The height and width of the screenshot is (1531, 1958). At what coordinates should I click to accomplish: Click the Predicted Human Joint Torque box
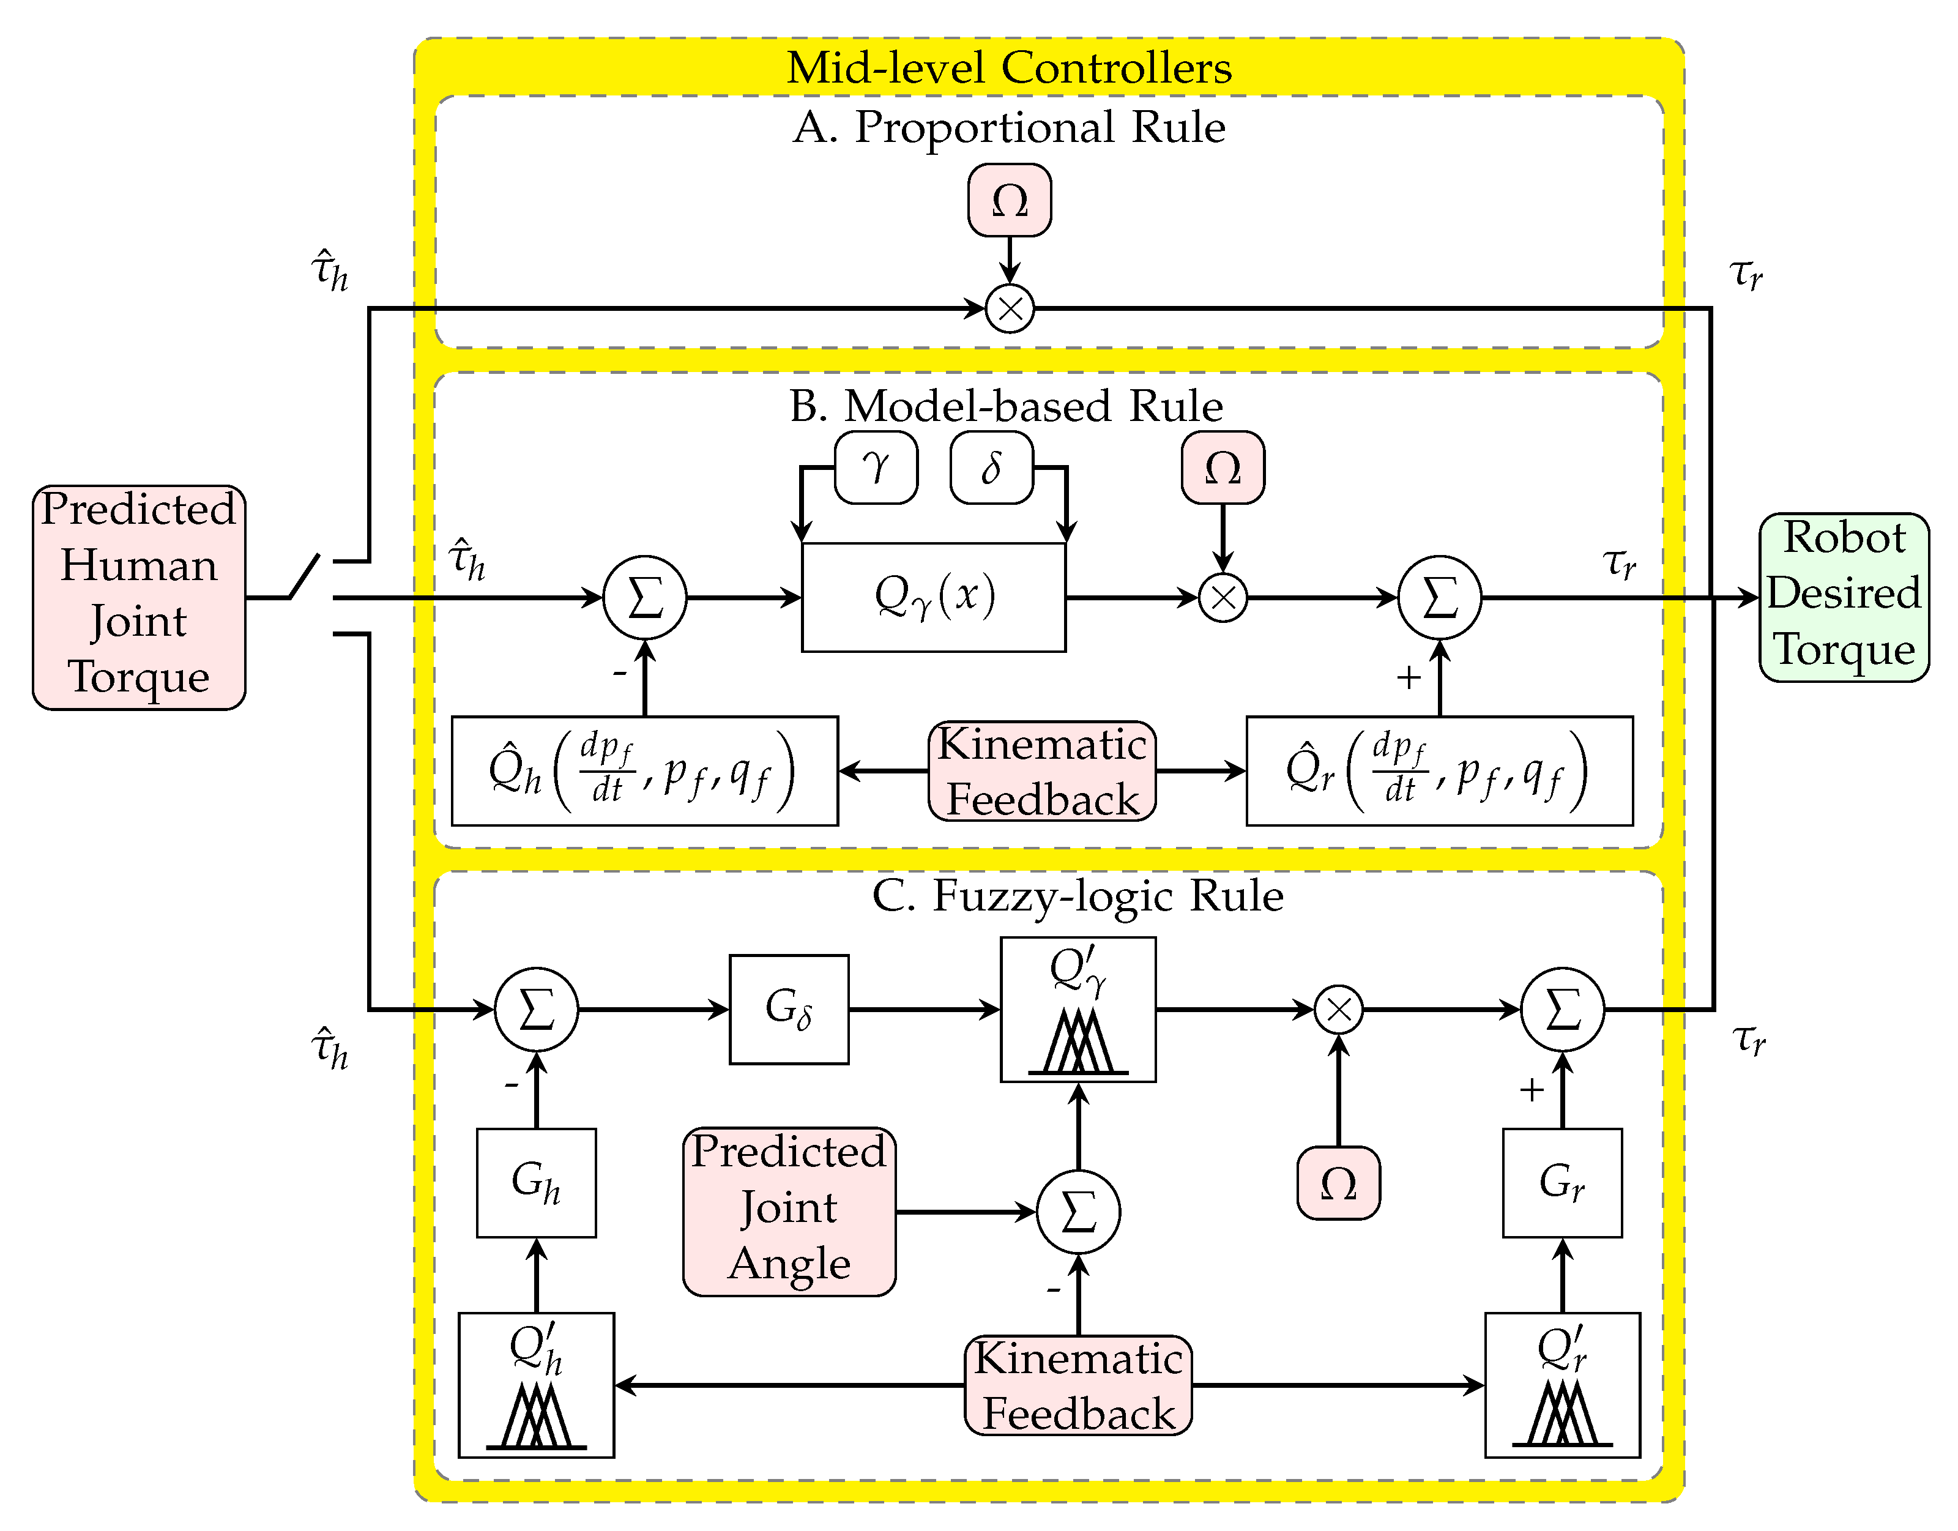(x=139, y=597)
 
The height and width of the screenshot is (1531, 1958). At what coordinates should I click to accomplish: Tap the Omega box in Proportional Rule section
(x=1010, y=200)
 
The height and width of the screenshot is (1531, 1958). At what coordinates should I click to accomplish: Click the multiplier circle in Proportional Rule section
(x=1010, y=309)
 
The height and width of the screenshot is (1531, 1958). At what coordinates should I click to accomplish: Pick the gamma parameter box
(x=876, y=467)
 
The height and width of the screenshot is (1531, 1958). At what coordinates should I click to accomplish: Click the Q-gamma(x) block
(x=933, y=597)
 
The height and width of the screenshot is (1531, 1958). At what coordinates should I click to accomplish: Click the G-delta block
(x=789, y=1009)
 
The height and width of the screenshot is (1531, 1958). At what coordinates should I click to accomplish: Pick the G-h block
(x=536, y=1182)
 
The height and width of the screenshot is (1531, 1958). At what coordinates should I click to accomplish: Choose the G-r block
(x=1562, y=1182)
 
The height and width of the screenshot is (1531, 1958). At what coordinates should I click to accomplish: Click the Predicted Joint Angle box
(x=789, y=1211)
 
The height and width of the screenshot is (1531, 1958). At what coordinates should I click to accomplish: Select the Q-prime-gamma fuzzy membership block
(x=1078, y=1009)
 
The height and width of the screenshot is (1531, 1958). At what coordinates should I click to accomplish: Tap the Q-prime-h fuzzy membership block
(x=536, y=1385)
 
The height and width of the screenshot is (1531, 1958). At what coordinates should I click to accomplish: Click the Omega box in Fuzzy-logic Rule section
(x=1338, y=1182)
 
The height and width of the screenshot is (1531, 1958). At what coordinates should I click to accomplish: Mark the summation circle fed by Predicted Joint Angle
(x=1078, y=1212)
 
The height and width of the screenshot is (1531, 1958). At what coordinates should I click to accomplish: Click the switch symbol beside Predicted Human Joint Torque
(x=305, y=576)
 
